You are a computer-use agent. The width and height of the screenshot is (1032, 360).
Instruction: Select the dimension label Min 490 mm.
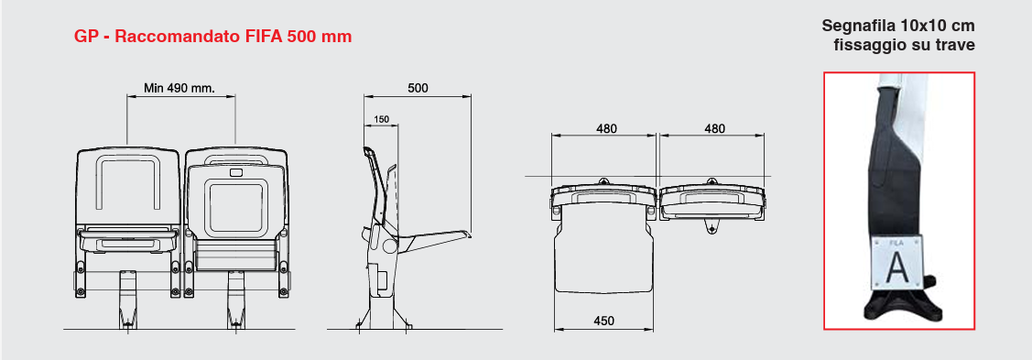click(179, 88)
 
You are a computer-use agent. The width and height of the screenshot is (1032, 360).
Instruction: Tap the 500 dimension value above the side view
click(418, 88)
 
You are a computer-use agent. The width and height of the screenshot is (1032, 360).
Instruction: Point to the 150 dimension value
click(381, 120)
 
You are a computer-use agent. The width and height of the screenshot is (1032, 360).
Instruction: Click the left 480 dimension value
click(606, 129)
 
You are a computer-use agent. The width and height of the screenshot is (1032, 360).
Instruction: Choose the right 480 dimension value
click(714, 129)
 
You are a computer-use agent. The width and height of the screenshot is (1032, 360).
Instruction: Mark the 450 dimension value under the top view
click(603, 322)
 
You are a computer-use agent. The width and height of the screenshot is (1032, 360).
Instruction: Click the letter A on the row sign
click(896, 267)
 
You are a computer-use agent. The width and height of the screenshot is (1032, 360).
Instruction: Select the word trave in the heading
click(955, 46)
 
